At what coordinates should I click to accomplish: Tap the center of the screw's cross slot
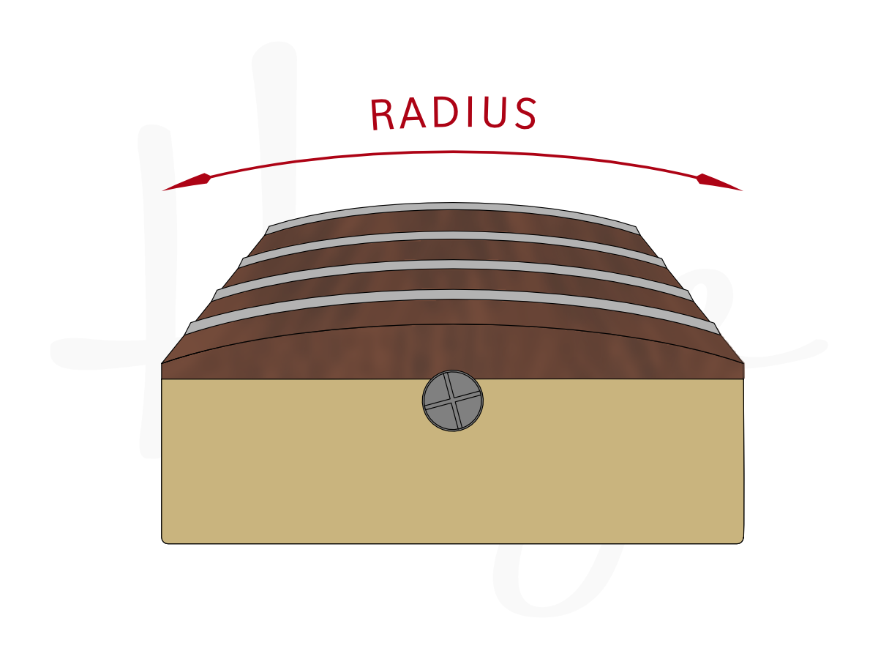point(453,401)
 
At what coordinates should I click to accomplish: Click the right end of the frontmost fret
point(716,329)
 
